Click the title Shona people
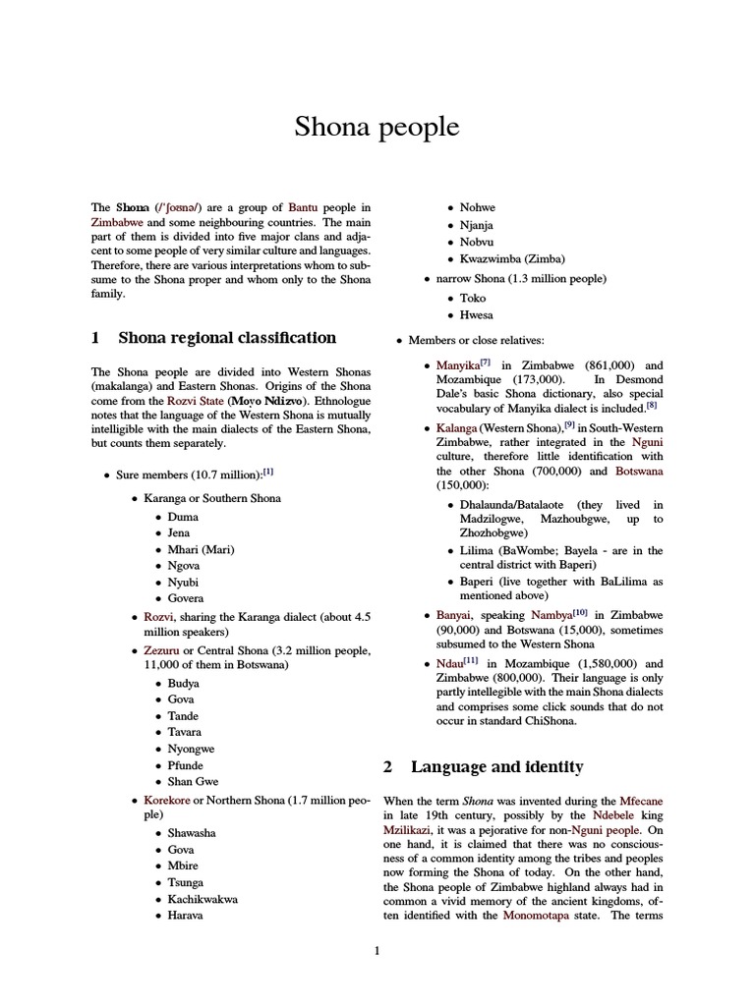click(377, 128)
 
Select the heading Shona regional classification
click(226, 338)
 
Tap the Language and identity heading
click(496, 766)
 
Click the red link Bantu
click(304, 207)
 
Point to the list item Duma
click(183, 516)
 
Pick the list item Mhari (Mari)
click(201, 549)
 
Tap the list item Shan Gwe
click(193, 781)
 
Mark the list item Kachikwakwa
click(203, 898)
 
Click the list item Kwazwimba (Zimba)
click(512, 258)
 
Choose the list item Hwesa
click(477, 315)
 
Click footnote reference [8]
click(651, 404)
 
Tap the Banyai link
click(455, 613)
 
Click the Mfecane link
click(641, 801)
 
